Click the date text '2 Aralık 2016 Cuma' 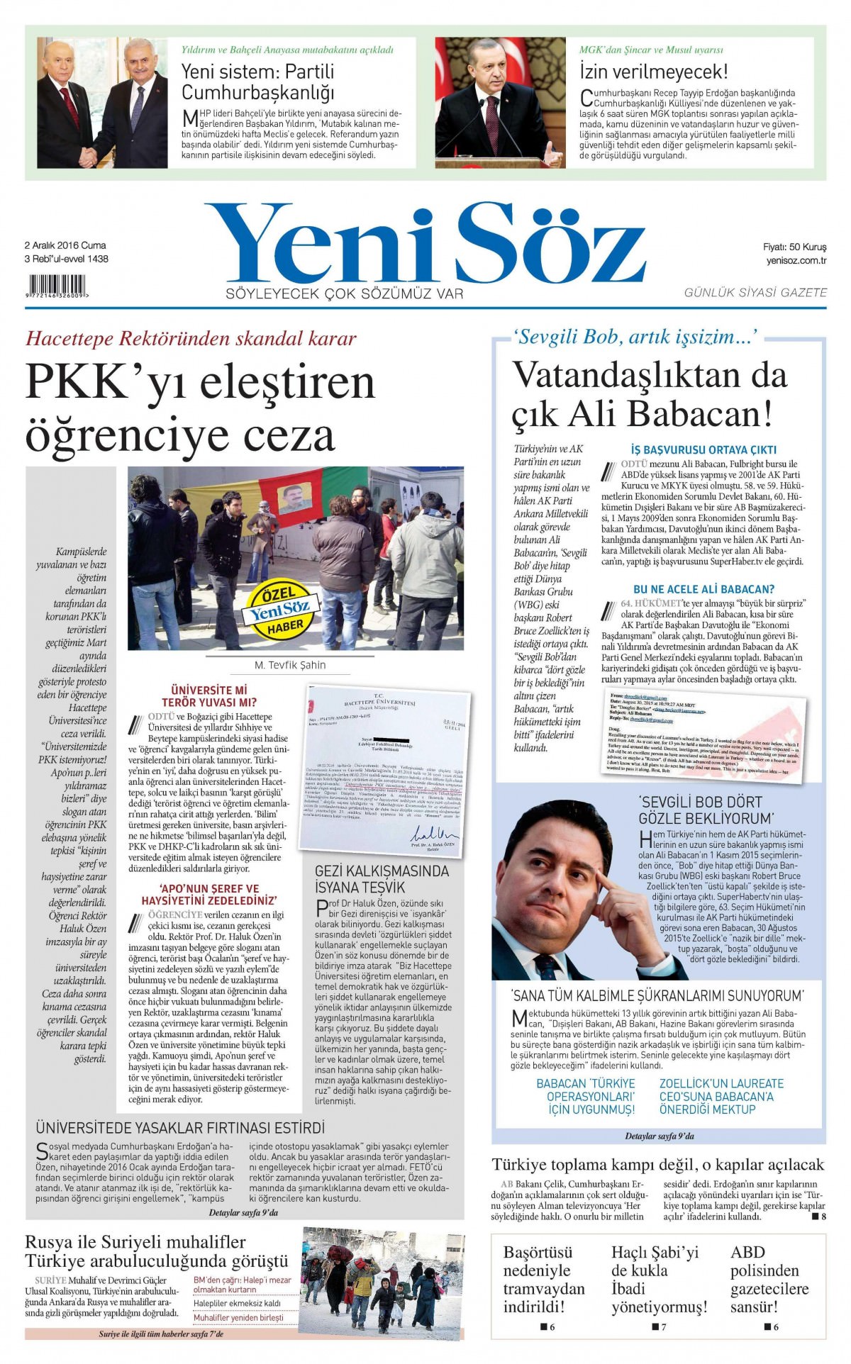pyautogui.click(x=65, y=245)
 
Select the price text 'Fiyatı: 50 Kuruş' pyautogui.click(x=794, y=247)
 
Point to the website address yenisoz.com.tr pyautogui.click(x=796, y=260)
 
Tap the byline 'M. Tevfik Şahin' pyautogui.click(x=290, y=665)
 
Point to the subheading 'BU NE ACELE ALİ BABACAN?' pyautogui.click(x=703, y=589)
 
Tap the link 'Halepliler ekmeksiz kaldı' pyautogui.click(x=237, y=1303)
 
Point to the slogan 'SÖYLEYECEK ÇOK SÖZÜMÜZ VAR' pyautogui.click(x=344, y=294)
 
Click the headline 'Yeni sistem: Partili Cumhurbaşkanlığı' pyautogui.click(x=257, y=82)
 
